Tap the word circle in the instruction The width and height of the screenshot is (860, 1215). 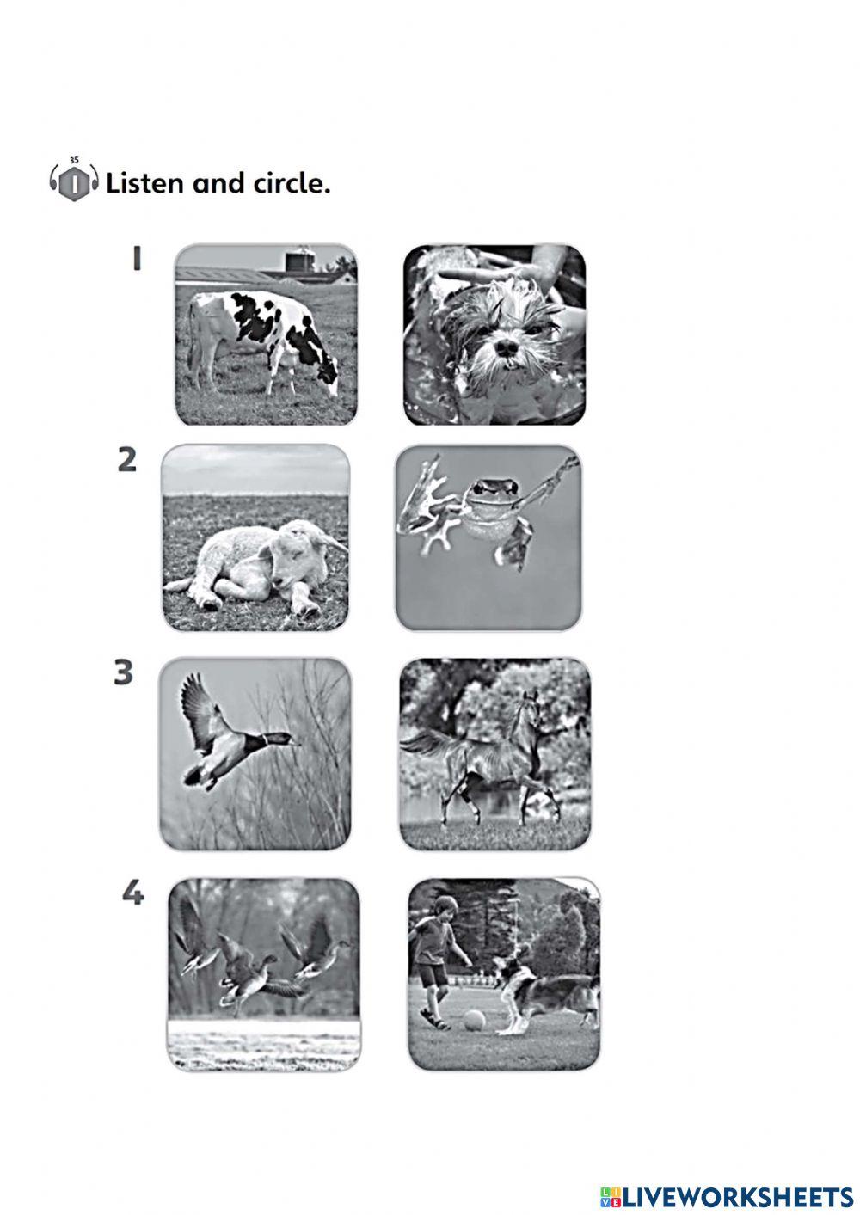tap(290, 183)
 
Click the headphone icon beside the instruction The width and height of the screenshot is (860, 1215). tap(74, 181)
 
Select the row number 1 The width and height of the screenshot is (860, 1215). tap(136, 259)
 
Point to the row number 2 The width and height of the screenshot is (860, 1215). tap(127, 461)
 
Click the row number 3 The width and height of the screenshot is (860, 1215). tap(123, 672)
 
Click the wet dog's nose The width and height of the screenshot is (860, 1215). tap(506, 348)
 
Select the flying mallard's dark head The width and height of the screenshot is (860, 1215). tap(277, 739)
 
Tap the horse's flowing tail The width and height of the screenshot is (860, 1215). tap(428, 744)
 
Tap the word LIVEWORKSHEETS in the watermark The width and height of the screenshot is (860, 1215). tap(737, 1197)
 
